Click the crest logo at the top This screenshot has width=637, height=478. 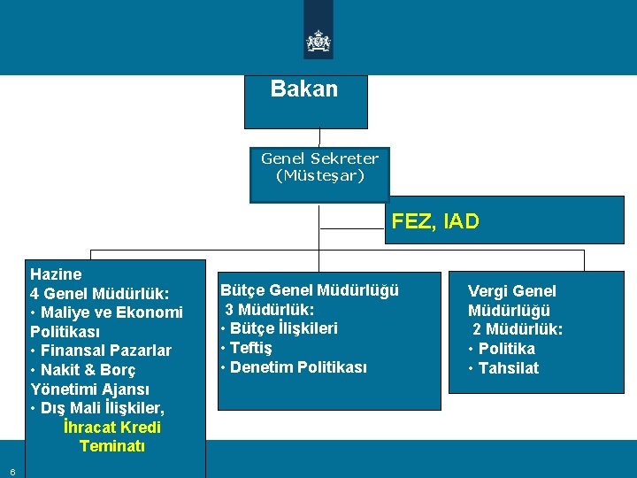(x=318, y=41)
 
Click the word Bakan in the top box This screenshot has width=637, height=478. (x=304, y=89)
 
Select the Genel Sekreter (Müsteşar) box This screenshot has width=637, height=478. (x=319, y=167)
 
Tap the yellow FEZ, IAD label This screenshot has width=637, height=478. (x=435, y=221)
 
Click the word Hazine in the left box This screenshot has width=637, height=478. (x=56, y=274)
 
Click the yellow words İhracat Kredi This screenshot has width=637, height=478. (x=112, y=428)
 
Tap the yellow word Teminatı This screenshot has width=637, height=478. (x=112, y=446)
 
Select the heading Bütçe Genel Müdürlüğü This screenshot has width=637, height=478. (x=310, y=290)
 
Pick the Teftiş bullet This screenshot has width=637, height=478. (x=250, y=348)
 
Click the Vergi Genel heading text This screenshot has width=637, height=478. (x=512, y=291)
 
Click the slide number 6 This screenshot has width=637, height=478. (x=12, y=472)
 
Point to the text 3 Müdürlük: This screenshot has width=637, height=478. (x=270, y=310)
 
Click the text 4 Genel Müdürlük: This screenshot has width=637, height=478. (x=99, y=293)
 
